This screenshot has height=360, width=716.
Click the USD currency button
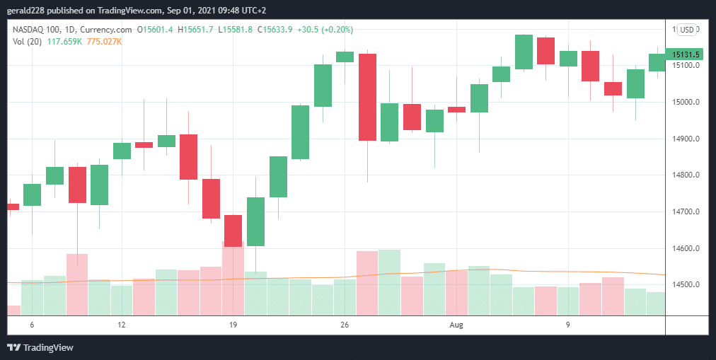[686, 29]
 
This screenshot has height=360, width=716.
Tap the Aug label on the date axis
[456, 325]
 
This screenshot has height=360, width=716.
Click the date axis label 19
[233, 325]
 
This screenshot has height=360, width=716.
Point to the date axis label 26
[345, 325]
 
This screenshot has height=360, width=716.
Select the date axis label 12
[122, 325]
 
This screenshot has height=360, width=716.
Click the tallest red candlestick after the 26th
[367, 97]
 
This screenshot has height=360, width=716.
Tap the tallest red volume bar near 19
[233, 278]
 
